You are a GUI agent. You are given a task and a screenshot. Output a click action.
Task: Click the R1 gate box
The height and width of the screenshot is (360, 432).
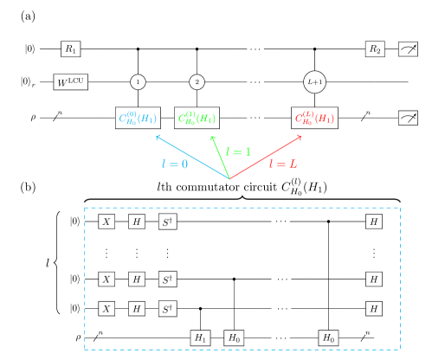pos(70,49)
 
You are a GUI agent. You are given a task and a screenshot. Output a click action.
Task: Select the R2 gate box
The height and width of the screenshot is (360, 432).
pos(374,49)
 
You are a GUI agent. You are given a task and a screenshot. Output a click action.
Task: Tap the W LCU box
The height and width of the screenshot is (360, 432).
pos(70,82)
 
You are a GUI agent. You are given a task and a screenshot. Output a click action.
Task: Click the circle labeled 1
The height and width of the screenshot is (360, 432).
pos(138,81)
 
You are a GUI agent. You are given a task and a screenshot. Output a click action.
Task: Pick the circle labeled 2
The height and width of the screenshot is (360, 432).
pos(197,81)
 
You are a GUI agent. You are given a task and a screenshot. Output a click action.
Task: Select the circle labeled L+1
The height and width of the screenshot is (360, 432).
pos(315,81)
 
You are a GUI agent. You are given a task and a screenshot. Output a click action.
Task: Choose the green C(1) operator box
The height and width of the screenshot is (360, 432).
pos(197,118)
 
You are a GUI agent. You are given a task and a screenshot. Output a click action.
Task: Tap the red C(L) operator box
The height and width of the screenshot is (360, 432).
pos(315,118)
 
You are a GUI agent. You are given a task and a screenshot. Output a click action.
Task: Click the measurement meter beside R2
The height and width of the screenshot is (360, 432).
pos(408,49)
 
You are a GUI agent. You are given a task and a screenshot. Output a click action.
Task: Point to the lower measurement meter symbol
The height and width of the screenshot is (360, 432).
pos(408,118)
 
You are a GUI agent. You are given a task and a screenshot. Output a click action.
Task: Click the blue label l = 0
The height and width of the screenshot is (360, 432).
pos(173,164)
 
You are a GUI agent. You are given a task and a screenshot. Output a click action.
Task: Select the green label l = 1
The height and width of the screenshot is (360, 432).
pos(238,151)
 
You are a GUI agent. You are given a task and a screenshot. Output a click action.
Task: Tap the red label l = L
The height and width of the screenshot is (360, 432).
pos(283,164)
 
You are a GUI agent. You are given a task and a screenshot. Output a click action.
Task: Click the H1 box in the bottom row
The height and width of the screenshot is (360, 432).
pos(201,337)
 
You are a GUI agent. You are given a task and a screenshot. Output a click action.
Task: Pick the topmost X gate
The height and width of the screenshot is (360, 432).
pos(106,222)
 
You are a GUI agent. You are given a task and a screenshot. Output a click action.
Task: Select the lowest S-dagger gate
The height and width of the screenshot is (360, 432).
pos(167,309)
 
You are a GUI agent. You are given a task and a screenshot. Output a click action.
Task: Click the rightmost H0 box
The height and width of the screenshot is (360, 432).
pos(328,337)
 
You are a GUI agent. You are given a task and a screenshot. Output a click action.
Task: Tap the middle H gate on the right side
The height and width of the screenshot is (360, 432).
pos(373,280)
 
